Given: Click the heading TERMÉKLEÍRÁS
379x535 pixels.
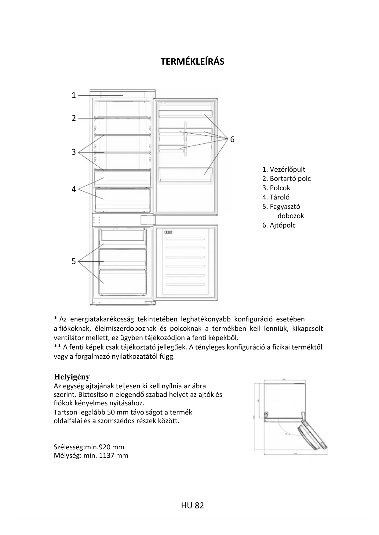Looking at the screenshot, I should [192, 62].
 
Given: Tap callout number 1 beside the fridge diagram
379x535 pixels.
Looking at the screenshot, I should [74, 95].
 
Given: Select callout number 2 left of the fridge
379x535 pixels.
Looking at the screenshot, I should [74, 118].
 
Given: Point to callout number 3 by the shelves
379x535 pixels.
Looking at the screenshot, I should [74, 152].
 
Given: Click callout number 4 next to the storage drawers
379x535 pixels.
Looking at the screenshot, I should [74, 189].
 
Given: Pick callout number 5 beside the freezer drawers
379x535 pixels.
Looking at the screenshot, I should [74, 261].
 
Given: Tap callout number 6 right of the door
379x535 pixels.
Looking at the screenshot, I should [232, 139].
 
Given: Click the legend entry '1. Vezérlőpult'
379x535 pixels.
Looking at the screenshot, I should [283, 170].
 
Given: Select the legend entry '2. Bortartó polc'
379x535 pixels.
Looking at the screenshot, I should [286, 179].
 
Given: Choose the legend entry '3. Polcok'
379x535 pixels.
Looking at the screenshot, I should [276, 188].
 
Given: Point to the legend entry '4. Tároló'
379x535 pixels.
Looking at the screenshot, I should [276, 197].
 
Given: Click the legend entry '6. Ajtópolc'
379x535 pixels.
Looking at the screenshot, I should [279, 225].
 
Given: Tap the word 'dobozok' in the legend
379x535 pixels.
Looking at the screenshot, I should [290, 216].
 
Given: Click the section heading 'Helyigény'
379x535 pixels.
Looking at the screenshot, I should [72, 377].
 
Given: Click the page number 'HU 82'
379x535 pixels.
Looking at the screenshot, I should [192, 506].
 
